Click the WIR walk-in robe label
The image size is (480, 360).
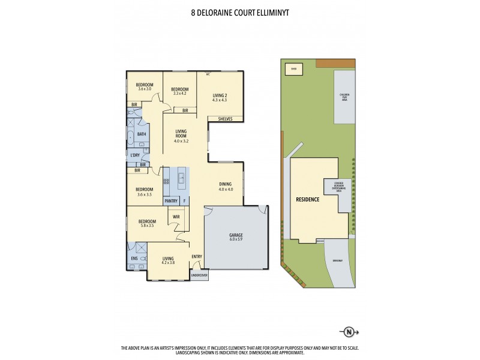[176, 216]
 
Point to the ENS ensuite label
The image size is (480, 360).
[133, 259]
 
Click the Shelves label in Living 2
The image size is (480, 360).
[225, 119]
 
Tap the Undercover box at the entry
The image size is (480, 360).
[199, 275]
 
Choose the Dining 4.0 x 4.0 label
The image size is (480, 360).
[225, 187]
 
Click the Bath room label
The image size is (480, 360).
[142, 134]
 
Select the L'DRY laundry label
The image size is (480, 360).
[135, 156]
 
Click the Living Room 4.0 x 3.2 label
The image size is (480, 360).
[181, 136]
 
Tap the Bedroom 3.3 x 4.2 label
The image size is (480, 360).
[180, 91]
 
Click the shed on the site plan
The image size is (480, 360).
[294, 68]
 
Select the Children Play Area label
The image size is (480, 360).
[344, 97]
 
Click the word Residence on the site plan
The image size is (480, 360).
[308, 199]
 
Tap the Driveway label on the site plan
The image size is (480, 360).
[338, 260]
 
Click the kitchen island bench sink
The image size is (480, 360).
[180, 177]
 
